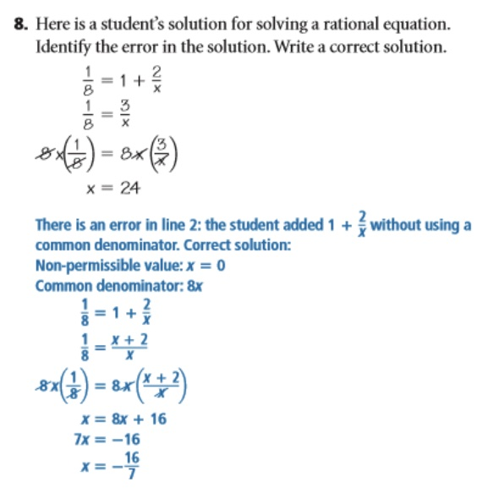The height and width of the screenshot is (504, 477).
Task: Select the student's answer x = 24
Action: click(x=112, y=188)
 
